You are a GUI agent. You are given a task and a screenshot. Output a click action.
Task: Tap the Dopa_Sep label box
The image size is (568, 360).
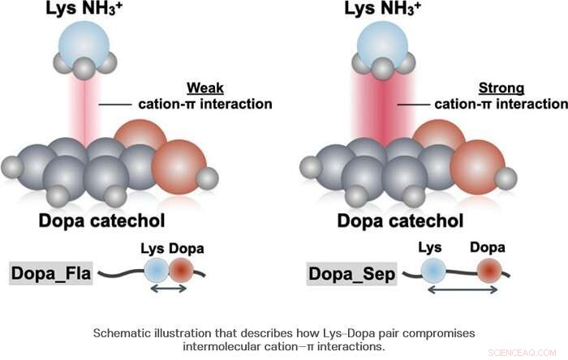click(x=352, y=273)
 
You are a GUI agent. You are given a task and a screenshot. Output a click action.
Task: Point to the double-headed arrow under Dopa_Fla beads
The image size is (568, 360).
click(x=169, y=289)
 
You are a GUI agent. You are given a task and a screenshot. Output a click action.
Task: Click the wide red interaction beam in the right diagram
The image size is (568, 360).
click(x=386, y=105)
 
